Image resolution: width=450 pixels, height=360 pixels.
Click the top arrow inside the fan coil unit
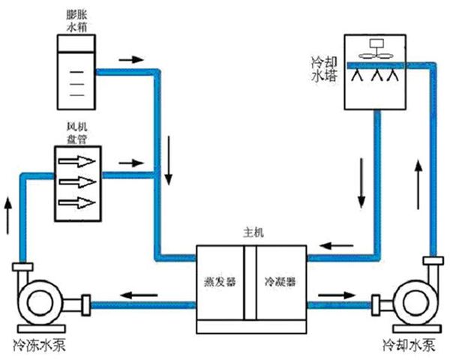tap(78, 162)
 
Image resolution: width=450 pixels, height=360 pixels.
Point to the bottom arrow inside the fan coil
tap(78, 202)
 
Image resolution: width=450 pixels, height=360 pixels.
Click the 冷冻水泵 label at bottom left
tap(42, 346)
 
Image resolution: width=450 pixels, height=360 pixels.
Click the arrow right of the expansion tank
tap(129, 58)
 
